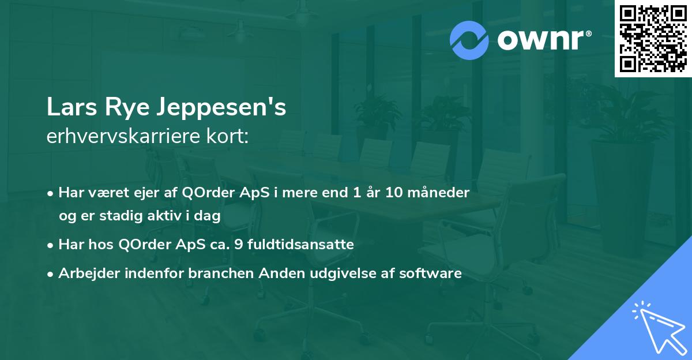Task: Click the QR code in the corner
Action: click(x=653, y=38)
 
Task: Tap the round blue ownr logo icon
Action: click(x=469, y=40)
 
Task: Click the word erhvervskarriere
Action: click(x=120, y=137)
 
